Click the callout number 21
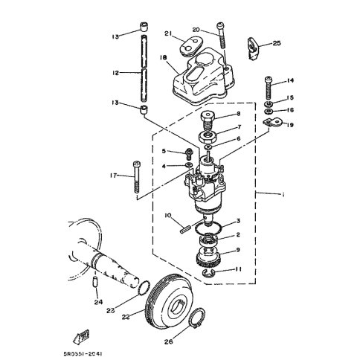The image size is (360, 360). point(168,33)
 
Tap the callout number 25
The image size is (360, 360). point(277,42)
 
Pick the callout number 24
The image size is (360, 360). point(98,302)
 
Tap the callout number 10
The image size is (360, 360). point(169,216)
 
